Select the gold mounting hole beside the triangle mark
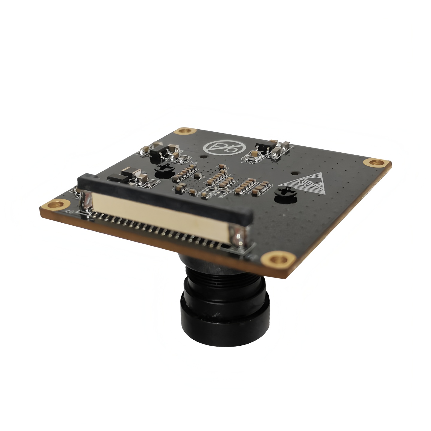[x=375, y=163]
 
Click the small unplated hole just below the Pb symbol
[x=204, y=156]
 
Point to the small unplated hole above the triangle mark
[x=295, y=173]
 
